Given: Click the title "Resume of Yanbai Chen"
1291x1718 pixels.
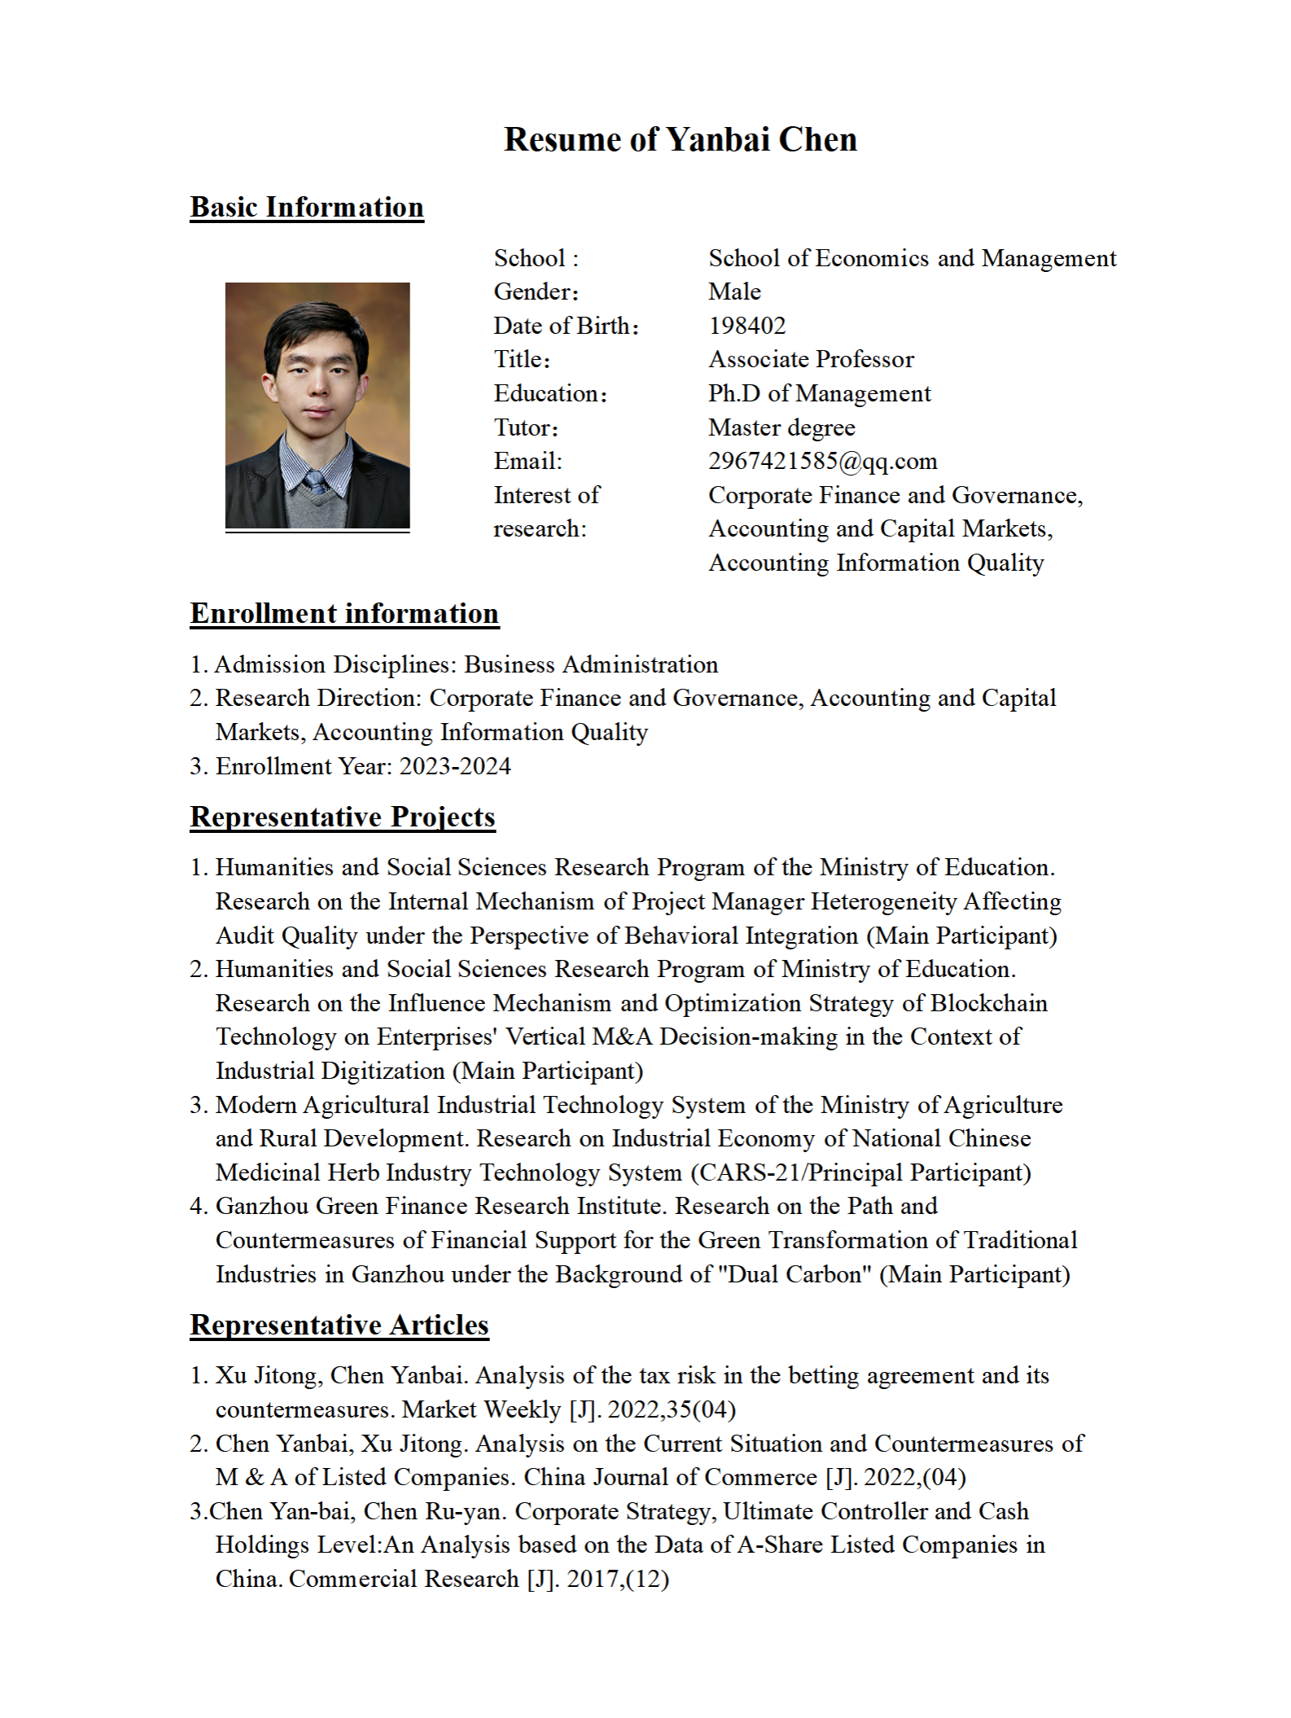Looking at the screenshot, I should point(680,139).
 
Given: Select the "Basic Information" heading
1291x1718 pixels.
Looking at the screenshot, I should point(307,207).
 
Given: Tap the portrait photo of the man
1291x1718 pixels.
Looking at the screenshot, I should point(317,405).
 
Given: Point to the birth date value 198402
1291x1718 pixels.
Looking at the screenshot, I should point(747,326).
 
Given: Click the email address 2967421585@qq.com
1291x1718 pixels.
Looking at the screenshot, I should point(822,461).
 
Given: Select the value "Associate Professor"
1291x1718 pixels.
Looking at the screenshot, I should point(811,359).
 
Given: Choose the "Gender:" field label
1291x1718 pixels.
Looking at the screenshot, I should point(536,291).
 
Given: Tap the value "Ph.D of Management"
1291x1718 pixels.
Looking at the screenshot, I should point(819,393).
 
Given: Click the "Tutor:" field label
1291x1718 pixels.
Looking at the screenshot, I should point(526,427).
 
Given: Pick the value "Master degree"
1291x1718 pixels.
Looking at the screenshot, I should point(781,427).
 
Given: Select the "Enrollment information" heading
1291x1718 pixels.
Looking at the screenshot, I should point(344,613).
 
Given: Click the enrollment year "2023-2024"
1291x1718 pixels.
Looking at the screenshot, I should point(455,766).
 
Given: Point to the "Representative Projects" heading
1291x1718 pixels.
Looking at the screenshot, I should point(343,817).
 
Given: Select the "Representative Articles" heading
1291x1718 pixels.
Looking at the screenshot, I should point(339,1325).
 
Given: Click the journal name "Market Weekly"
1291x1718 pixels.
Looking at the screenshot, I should point(482,1409).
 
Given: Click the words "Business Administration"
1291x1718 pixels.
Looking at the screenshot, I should point(591,664).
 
